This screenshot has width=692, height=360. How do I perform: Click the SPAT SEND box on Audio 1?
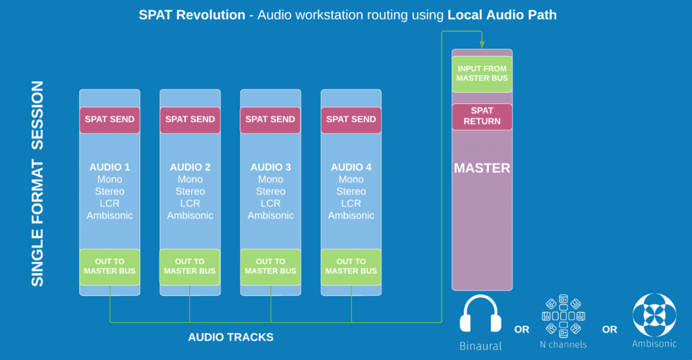click(109, 120)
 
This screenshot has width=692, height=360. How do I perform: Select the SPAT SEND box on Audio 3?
click(270, 120)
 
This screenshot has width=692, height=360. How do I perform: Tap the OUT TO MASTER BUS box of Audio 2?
click(190, 266)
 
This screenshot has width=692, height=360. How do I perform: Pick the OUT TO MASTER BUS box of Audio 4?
click(351, 266)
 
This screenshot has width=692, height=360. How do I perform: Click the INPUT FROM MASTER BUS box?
click(482, 74)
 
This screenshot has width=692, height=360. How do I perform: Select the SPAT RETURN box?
click(482, 116)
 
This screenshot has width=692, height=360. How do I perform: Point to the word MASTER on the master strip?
click(482, 168)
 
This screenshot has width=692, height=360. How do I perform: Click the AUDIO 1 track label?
click(109, 167)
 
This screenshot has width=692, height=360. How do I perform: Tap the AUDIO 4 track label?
click(351, 167)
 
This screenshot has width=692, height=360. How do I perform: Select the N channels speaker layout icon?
click(563, 315)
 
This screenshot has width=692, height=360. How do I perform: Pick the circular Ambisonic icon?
click(653, 315)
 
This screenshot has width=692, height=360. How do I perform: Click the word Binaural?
click(480, 346)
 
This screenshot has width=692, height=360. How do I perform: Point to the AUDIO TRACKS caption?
click(230, 337)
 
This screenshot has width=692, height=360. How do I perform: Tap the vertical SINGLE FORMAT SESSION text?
click(38, 184)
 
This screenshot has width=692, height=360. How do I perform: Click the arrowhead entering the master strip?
click(482, 45)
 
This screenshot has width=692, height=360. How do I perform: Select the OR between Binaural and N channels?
click(522, 330)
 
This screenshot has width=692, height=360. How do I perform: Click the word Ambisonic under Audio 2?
click(190, 215)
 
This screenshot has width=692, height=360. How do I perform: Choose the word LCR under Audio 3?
click(270, 203)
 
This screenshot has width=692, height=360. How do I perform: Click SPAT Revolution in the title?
click(192, 15)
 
